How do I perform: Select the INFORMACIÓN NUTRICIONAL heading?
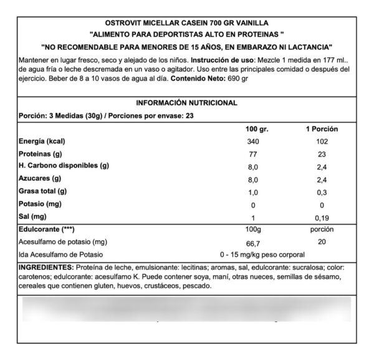186,103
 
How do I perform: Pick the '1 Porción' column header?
321,129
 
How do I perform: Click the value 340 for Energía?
252,142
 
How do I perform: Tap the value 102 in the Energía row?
321,142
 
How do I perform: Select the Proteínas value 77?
252,154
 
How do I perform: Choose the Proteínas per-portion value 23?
321,154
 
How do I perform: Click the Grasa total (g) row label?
43,191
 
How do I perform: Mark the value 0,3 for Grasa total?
321,192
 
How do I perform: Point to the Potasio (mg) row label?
40,204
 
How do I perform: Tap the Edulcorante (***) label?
44,230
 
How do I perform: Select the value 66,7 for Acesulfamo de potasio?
252,242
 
